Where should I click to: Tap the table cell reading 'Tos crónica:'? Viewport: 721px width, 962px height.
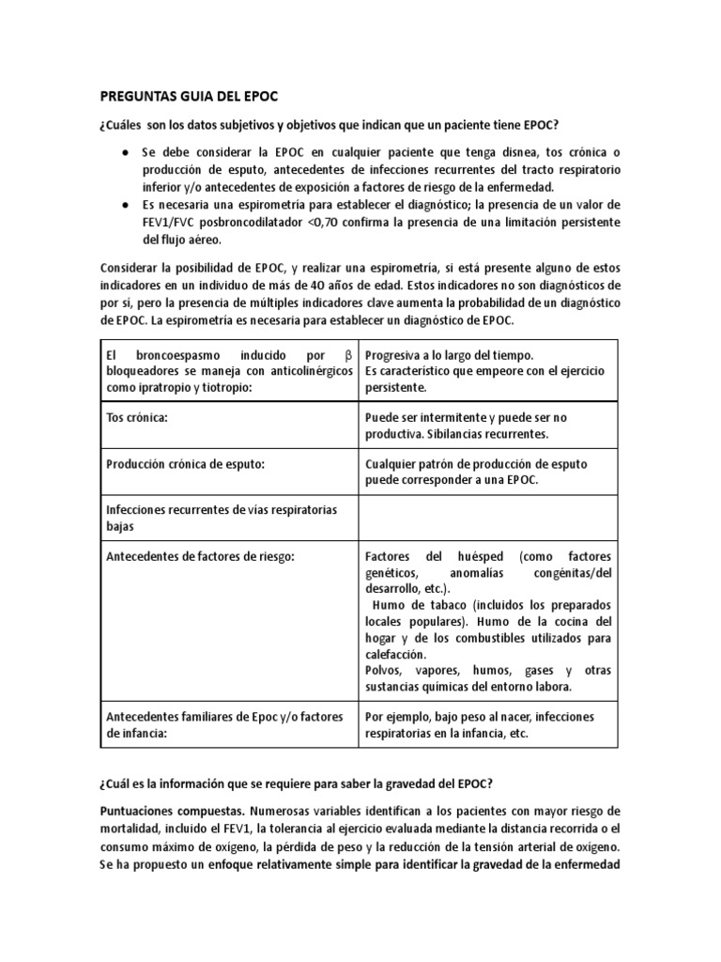pyautogui.click(x=138, y=417)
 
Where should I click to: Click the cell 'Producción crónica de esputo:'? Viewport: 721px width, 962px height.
pyautogui.click(x=186, y=464)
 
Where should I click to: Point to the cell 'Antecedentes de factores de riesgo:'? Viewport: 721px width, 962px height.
pyautogui.click(x=201, y=556)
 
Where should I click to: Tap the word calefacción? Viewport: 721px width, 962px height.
pyautogui.click(x=394, y=654)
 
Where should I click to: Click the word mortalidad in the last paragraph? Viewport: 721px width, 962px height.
pyautogui.click(x=133, y=827)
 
